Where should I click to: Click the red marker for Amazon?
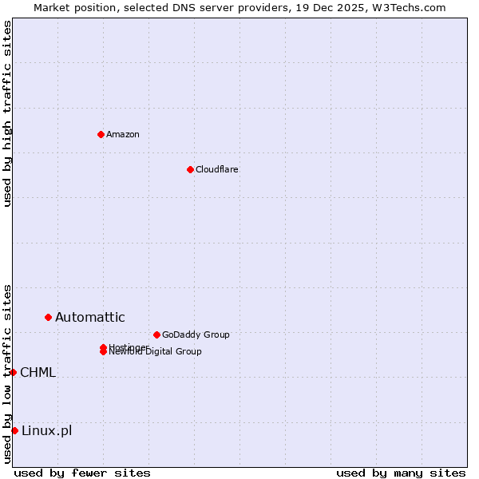(x=101, y=134)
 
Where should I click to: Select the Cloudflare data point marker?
(x=190, y=169)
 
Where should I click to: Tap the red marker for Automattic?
(x=48, y=318)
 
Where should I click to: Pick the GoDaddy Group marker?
(x=156, y=335)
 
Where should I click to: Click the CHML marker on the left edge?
(x=13, y=372)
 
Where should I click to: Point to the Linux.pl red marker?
(x=14, y=431)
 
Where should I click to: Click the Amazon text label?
(x=123, y=134)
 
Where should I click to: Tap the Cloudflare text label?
(x=217, y=169)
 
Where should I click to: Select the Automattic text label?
(x=90, y=318)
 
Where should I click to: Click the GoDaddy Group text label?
(x=196, y=335)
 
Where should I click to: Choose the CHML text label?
(x=38, y=372)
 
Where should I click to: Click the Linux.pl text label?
(x=46, y=431)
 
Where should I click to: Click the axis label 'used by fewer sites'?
(x=82, y=473)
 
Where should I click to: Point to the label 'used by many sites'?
(x=401, y=473)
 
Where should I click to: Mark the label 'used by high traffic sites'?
(x=7, y=113)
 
